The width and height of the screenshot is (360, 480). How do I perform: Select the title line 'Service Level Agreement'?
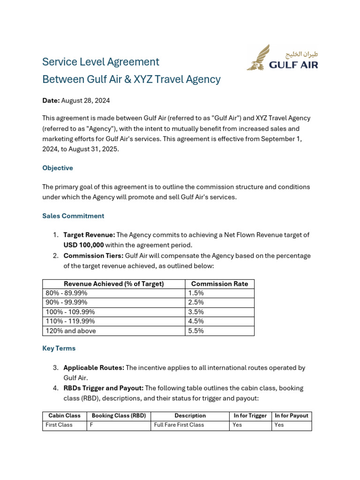tap(101, 62)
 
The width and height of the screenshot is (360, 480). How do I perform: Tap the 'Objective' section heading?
tap(58, 168)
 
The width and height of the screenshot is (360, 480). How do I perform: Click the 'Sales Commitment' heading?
tap(73, 216)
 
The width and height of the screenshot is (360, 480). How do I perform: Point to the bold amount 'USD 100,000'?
tap(83, 245)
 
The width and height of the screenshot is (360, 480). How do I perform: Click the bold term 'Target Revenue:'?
tap(89, 235)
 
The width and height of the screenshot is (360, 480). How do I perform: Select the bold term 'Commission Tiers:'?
tap(93, 256)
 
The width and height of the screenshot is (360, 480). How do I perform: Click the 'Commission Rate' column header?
tap(219, 284)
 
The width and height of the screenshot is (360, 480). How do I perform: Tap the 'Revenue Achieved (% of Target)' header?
tap(114, 284)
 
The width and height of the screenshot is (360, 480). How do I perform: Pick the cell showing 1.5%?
tap(196, 293)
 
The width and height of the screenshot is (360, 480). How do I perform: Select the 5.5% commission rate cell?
tap(196, 331)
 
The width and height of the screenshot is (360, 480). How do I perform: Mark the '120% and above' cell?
tap(71, 331)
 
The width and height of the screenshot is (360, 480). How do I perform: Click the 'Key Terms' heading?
tap(59, 348)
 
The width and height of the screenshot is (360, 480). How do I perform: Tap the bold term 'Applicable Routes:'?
tap(94, 368)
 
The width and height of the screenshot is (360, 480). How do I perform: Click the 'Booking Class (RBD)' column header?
tap(119, 416)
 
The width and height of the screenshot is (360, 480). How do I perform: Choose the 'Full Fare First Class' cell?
tap(179, 425)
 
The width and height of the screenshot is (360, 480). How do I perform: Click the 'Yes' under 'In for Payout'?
tap(279, 425)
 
